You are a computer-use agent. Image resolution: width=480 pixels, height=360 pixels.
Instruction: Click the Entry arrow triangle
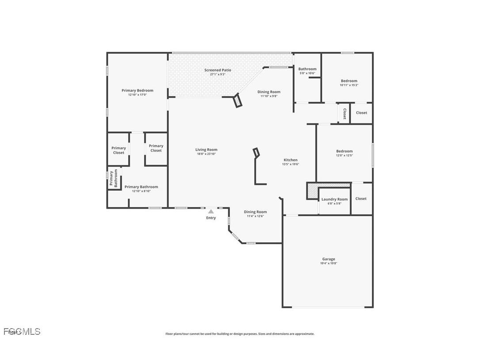[x=211, y=212]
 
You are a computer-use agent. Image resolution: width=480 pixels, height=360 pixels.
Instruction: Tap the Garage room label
[x=328, y=259]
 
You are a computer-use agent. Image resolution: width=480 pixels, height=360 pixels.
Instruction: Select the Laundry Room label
[x=335, y=199]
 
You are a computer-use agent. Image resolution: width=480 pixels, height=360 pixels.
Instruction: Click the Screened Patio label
[x=217, y=70]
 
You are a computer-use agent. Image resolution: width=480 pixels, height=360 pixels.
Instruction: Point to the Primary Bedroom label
[x=137, y=90]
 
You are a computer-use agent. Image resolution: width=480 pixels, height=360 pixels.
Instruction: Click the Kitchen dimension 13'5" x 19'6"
[x=290, y=164]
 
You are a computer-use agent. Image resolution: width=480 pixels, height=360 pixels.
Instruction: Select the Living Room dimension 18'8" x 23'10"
[x=206, y=154]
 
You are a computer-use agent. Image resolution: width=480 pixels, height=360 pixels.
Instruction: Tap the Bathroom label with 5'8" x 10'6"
[x=307, y=69]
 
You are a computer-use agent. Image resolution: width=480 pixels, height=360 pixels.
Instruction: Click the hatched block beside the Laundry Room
[x=312, y=191]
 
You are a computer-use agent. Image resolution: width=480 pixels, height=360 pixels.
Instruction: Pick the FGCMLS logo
[x=22, y=331]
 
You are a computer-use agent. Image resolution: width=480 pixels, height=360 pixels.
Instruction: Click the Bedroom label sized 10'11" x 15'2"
[x=349, y=81]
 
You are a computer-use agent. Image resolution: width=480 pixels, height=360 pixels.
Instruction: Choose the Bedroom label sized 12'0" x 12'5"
[x=344, y=151]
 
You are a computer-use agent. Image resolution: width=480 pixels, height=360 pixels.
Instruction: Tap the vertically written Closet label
[x=344, y=113]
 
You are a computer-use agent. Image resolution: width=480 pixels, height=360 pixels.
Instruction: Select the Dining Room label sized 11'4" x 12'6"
[x=255, y=212]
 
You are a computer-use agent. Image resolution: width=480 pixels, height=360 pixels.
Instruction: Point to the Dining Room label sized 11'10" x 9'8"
[x=269, y=92]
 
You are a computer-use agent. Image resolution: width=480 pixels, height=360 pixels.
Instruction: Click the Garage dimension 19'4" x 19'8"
[x=328, y=263]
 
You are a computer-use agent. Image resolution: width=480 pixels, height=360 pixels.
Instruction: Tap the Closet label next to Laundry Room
[x=361, y=199]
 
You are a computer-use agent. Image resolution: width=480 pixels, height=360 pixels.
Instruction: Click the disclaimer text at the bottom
[x=240, y=334]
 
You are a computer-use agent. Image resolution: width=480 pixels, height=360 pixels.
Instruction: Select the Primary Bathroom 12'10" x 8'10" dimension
[x=141, y=191]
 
